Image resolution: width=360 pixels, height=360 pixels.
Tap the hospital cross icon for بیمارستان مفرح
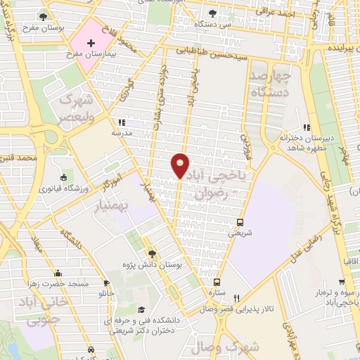click(x=90, y=43)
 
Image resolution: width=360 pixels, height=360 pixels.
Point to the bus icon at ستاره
click(x=217, y=281)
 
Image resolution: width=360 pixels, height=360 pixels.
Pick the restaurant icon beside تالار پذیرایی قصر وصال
click(x=237, y=297)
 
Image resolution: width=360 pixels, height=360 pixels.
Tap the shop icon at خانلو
click(x=106, y=283)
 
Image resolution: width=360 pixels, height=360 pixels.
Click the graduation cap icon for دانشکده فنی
click(x=141, y=310)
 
